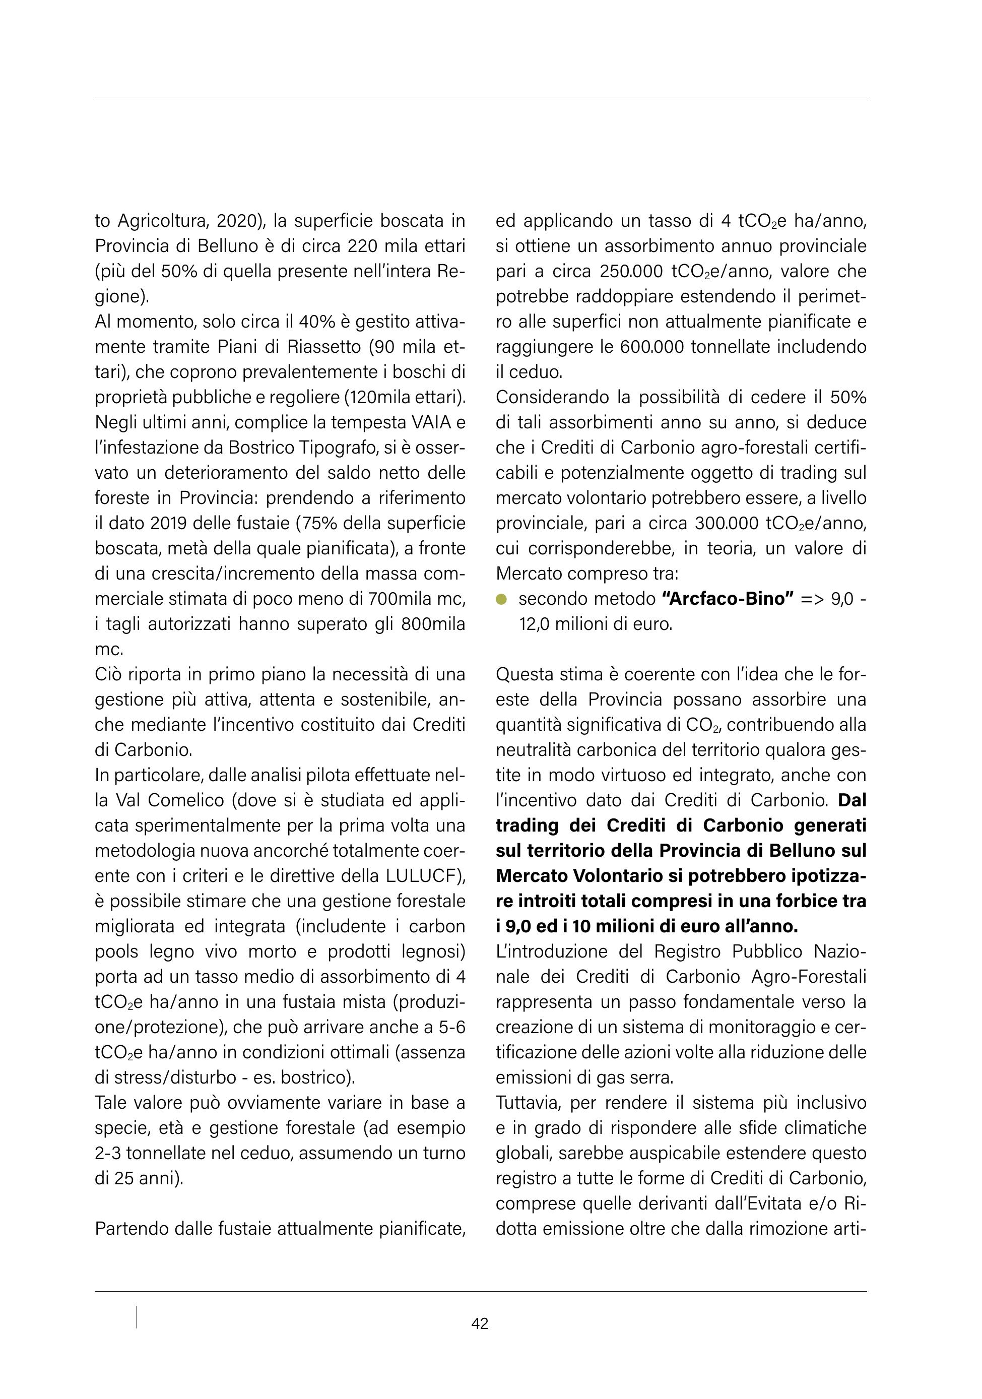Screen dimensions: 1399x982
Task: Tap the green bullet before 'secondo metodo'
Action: click(x=501, y=600)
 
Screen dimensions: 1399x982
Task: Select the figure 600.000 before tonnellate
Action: click(x=651, y=347)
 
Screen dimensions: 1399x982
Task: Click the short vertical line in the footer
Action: click(x=137, y=1317)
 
